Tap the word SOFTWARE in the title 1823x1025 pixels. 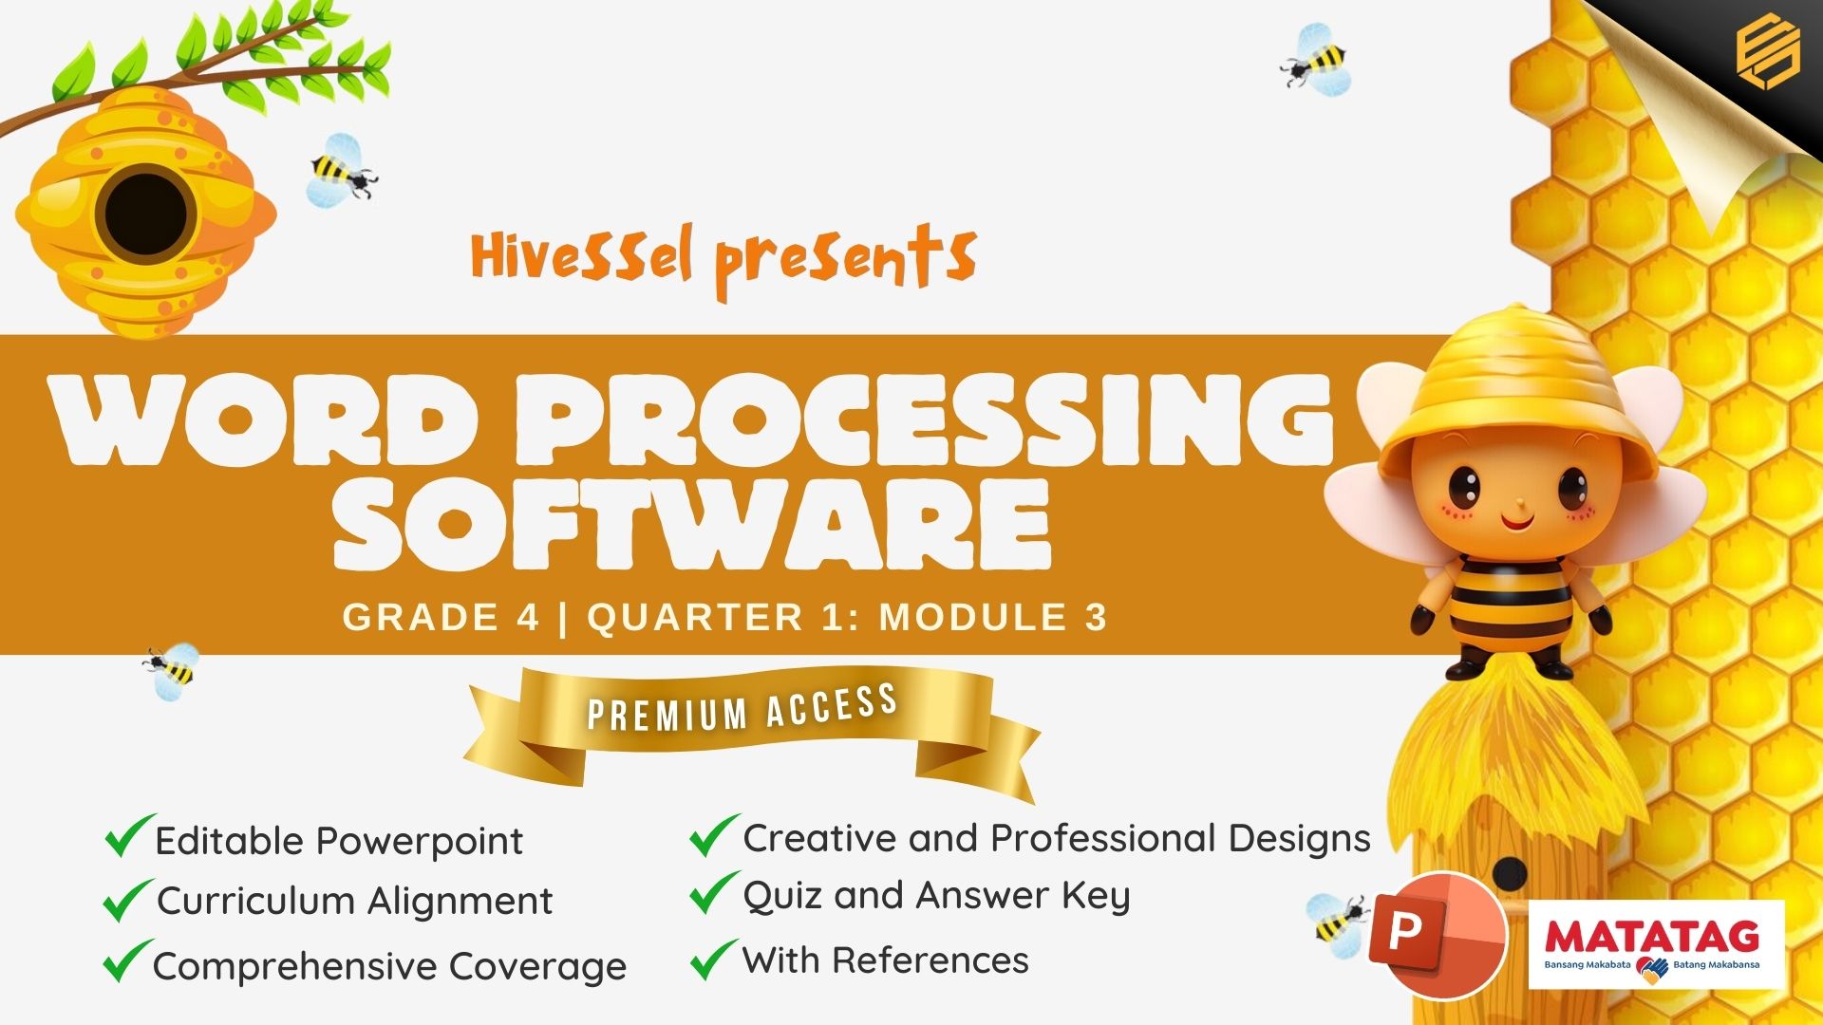(x=692, y=524)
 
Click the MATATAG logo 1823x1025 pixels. (x=1656, y=944)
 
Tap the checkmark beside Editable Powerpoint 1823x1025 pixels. (x=129, y=835)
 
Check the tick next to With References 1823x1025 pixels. (x=713, y=959)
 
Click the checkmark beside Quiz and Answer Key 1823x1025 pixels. (x=713, y=893)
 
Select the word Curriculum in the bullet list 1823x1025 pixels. (x=256, y=901)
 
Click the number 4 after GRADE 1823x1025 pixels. (x=528, y=617)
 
